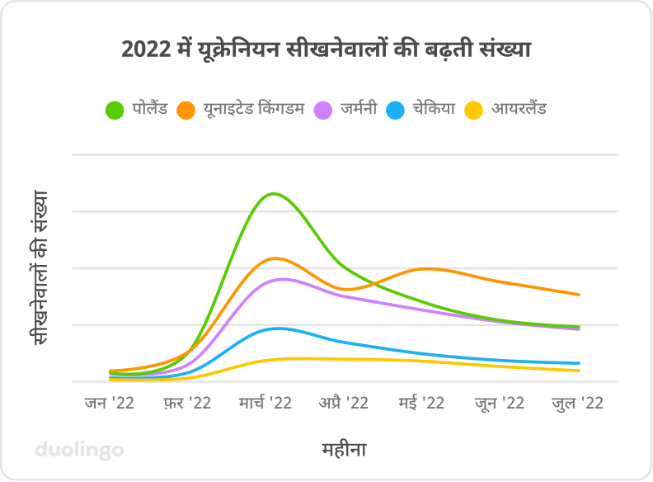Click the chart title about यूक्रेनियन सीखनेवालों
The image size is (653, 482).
tap(326, 50)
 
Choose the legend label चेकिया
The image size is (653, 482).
tap(433, 109)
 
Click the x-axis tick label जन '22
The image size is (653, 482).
tap(109, 403)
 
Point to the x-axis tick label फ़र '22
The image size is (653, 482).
tap(187, 403)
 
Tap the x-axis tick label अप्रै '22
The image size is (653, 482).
tap(344, 403)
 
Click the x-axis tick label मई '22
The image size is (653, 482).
tap(422, 403)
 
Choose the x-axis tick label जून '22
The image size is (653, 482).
tap(500, 403)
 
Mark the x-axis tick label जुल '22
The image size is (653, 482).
tap(578, 403)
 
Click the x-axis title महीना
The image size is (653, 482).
tap(344, 450)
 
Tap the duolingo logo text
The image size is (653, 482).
tap(79, 450)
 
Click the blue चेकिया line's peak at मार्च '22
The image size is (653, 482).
tap(278, 328)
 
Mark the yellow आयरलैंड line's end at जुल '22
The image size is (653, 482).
tap(579, 371)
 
